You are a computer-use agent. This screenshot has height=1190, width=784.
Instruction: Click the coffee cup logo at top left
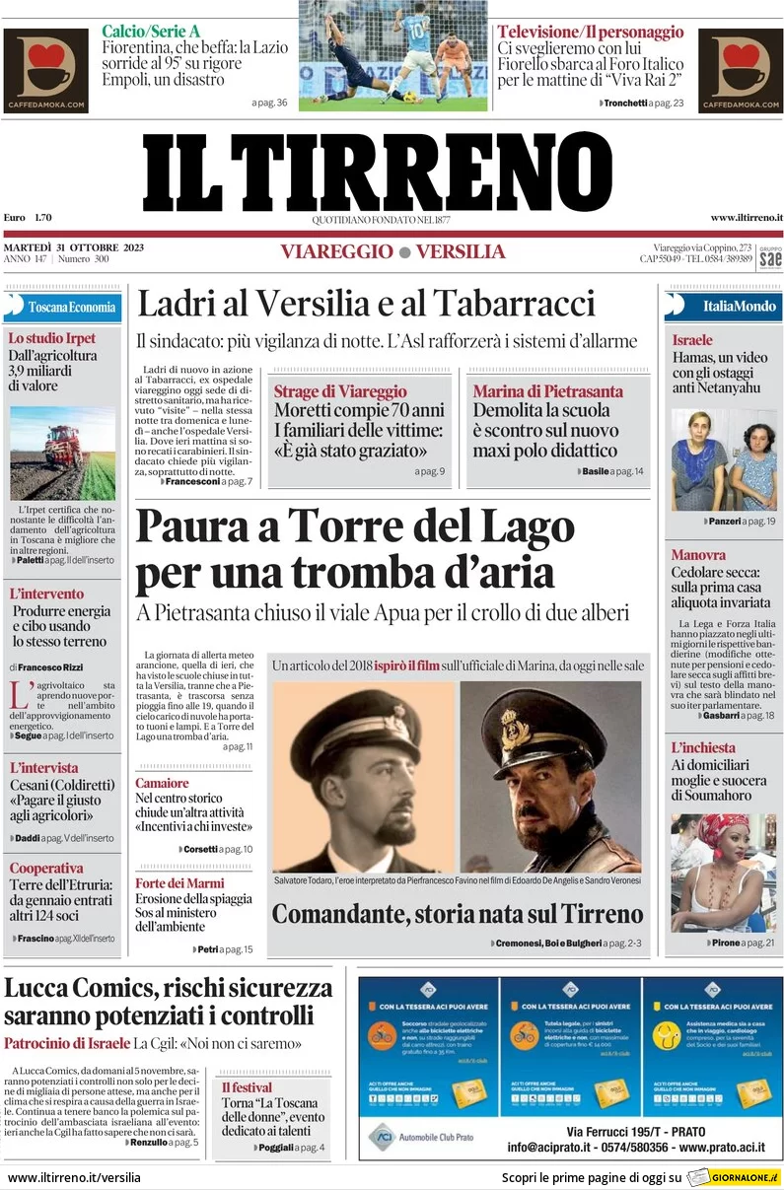point(45,69)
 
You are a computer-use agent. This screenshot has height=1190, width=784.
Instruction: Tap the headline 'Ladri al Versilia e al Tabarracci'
point(366,303)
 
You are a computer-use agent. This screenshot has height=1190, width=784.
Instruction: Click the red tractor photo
point(62,453)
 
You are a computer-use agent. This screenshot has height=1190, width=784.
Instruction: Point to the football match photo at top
point(392,55)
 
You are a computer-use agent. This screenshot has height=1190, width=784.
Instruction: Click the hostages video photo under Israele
point(724,459)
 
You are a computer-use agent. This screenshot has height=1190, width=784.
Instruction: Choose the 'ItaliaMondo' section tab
point(725,306)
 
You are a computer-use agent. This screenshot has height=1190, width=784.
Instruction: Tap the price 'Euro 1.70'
point(28,217)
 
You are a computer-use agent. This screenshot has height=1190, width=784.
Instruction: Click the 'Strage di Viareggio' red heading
point(340,391)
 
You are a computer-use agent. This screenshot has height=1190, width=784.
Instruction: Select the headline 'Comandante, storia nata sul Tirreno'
point(457,914)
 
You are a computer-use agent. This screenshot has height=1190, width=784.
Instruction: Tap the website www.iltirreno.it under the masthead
point(746,217)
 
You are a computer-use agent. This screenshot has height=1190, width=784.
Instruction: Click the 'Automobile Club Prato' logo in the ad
point(421,1137)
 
